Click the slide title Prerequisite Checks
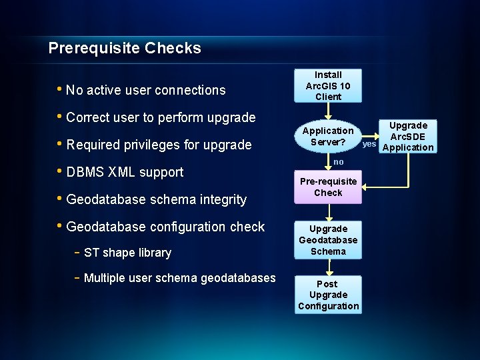pos(125,48)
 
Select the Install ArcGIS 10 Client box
pos(328,85)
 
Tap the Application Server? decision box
pos(328,137)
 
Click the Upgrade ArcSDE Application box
pos(408,137)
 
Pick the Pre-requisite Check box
pos(328,187)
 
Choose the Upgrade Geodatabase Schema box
pos(328,240)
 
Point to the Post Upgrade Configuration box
pos(328,295)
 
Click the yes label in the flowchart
pos(369,143)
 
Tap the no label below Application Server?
pos(339,162)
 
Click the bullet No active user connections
pos(146,90)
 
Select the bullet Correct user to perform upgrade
pos(161,117)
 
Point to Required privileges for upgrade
pos(159,145)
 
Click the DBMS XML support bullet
pos(125,172)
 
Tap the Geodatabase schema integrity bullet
pos(157,199)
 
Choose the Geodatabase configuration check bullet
pos(165,227)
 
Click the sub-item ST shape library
pos(127,253)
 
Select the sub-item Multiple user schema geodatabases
pos(179,278)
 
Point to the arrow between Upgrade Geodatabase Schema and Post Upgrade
pos(328,266)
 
